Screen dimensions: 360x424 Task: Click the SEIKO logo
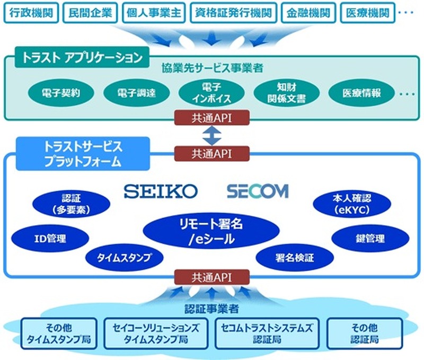161,191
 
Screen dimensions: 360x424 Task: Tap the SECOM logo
258,191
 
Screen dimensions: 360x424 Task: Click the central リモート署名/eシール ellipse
211,232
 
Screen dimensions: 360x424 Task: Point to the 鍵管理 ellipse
367,239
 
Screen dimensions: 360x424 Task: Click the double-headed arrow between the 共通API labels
211,136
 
